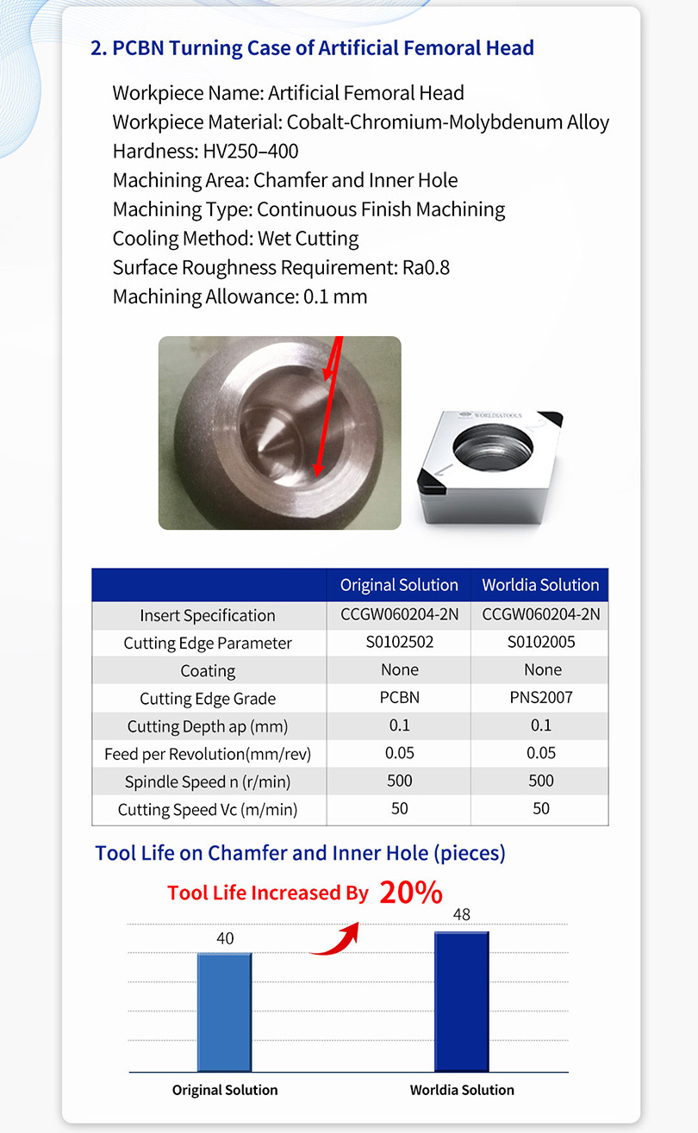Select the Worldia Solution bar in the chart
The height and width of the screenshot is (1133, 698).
coord(462,1001)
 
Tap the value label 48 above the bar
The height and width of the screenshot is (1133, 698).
coord(462,915)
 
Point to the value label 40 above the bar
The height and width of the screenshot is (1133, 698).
coord(225,938)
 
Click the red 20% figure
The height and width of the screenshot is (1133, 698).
coord(410,893)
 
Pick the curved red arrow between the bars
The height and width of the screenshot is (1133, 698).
coord(335,939)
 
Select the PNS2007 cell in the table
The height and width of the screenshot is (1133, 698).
coord(540,698)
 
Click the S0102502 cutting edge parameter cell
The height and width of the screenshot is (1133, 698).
coord(399,642)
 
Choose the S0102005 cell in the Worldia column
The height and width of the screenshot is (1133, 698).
coord(540,642)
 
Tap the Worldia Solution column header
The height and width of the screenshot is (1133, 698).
coord(540,585)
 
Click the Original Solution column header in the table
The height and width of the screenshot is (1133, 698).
coord(399,585)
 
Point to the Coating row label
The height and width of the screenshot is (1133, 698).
coord(208,670)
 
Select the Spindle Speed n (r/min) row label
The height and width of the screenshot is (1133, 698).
coord(208,782)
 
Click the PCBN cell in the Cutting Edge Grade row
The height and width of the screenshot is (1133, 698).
coord(399,698)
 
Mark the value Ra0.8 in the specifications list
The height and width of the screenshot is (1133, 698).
coord(426,267)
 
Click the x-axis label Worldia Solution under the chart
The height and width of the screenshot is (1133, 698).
coord(462,1090)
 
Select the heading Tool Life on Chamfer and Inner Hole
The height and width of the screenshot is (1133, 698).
coord(300,853)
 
